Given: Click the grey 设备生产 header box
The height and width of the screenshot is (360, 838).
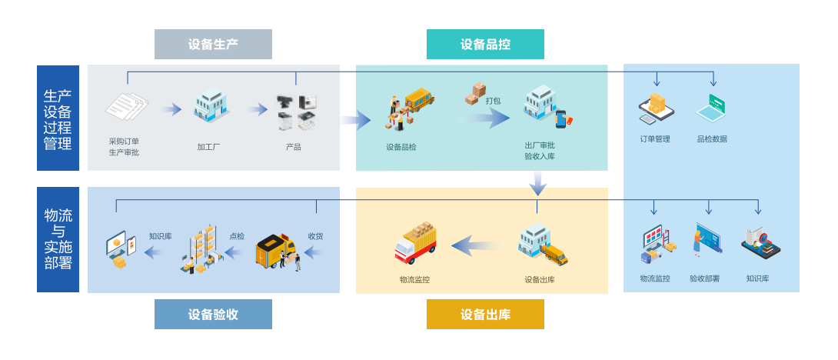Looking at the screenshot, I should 213,44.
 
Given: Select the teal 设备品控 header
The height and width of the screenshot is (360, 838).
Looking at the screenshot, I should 485,44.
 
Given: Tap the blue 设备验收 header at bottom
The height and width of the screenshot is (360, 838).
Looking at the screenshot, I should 213,314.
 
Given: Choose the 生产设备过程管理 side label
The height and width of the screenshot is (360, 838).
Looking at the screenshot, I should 58,118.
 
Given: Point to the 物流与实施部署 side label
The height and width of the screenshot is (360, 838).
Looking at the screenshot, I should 58,239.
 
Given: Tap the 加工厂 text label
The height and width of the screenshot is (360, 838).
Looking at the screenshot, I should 208,146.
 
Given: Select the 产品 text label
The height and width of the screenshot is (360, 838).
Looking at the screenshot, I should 293,146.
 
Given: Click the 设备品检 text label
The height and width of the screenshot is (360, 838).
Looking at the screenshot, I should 401,146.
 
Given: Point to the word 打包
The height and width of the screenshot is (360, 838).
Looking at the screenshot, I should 494,100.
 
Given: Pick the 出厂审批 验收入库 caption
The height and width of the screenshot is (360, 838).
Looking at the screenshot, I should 540,151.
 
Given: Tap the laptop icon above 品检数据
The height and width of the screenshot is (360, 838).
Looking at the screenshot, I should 712,109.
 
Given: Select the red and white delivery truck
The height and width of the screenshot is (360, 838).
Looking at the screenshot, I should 415,242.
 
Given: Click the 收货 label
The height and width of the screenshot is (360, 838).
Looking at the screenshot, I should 315,236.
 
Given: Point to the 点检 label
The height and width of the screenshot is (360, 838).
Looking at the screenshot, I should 237,236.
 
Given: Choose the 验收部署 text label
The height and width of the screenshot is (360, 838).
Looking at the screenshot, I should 704,278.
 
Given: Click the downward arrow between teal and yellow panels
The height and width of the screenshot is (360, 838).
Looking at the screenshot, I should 538,182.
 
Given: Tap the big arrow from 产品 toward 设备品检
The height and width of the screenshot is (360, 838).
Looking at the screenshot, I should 355,119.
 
